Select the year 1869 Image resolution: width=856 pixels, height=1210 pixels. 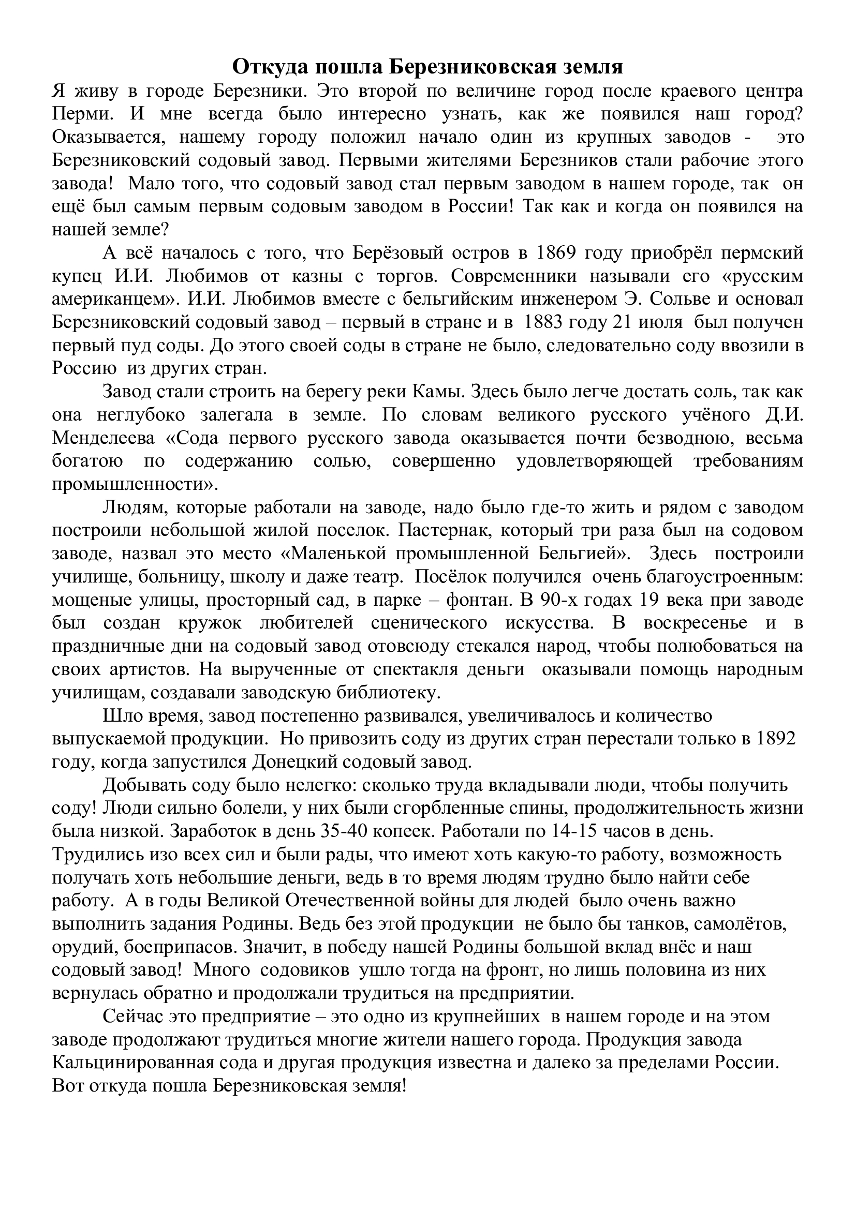click(x=559, y=253)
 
